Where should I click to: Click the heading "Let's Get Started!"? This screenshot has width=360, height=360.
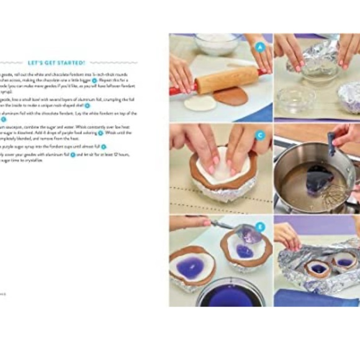pyautogui.click(x=56, y=63)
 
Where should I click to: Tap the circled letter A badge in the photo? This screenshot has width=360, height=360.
pyautogui.click(x=259, y=47)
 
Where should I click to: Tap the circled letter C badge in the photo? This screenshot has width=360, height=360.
pyautogui.click(x=259, y=135)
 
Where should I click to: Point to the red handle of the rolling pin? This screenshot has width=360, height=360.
pyautogui.click(x=176, y=91)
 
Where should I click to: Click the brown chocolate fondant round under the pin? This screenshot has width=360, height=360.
pyautogui.click(x=230, y=96)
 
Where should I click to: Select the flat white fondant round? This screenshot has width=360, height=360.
pyautogui.click(x=200, y=103)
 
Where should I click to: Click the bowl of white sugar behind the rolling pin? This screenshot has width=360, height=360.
pyautogui.click(x=216, y=43)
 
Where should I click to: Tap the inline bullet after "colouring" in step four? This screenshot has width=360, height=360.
pyautogui.click(x=101, y=132)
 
